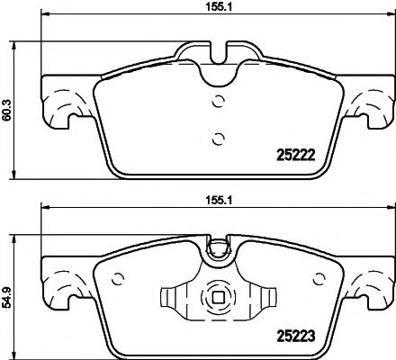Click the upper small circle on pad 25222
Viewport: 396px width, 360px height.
point(215,101)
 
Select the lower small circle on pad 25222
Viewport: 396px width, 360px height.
point(215,138)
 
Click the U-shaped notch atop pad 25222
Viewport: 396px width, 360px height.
point(215,54)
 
